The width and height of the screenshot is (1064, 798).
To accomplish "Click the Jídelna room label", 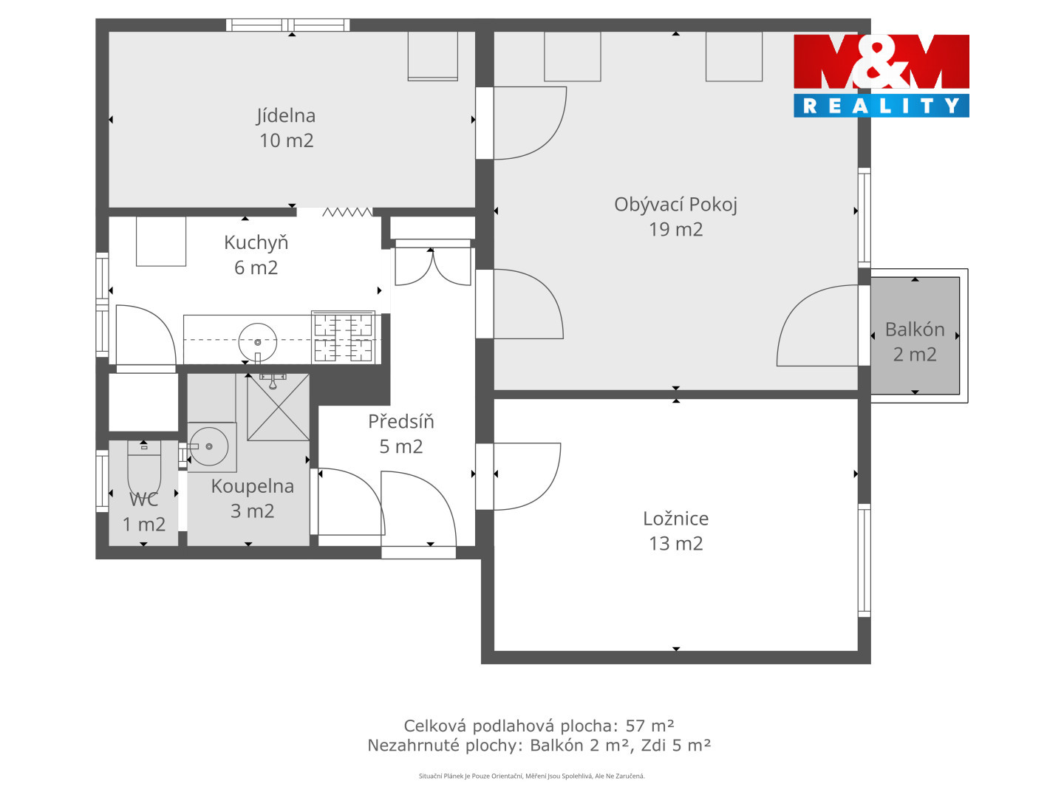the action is click(x=285, y=116).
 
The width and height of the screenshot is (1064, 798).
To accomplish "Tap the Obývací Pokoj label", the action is click(x=675, y=205).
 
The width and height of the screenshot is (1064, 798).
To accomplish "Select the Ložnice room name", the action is click(x=675, y=519).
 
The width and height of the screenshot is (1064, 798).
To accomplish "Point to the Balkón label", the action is click(x=914, y=330).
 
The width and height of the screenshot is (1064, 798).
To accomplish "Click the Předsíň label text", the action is click(x=400, y=421).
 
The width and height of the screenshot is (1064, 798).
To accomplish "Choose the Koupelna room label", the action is click(x=252, y=486).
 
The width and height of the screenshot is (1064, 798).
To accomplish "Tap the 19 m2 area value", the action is click(x=675, y=230).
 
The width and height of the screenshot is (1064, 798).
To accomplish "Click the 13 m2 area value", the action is click(x=675, y=544).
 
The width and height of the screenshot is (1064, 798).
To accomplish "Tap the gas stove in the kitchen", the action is click(x=343, y=337).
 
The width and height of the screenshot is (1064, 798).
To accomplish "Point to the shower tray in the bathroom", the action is click(x=278, y=407).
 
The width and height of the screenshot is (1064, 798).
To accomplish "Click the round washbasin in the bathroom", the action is click(x=208, y=447).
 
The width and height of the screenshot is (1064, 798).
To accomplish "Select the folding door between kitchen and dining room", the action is click(x=347, y=212).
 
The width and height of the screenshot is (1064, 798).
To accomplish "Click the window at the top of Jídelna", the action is click(x=287, y=24).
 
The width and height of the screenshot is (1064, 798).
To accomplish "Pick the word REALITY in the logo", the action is click(x=881, y=106).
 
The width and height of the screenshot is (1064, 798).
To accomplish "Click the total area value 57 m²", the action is click(x=649, y=726).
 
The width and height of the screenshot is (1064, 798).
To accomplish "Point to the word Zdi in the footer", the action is click(x=653, y=746).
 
